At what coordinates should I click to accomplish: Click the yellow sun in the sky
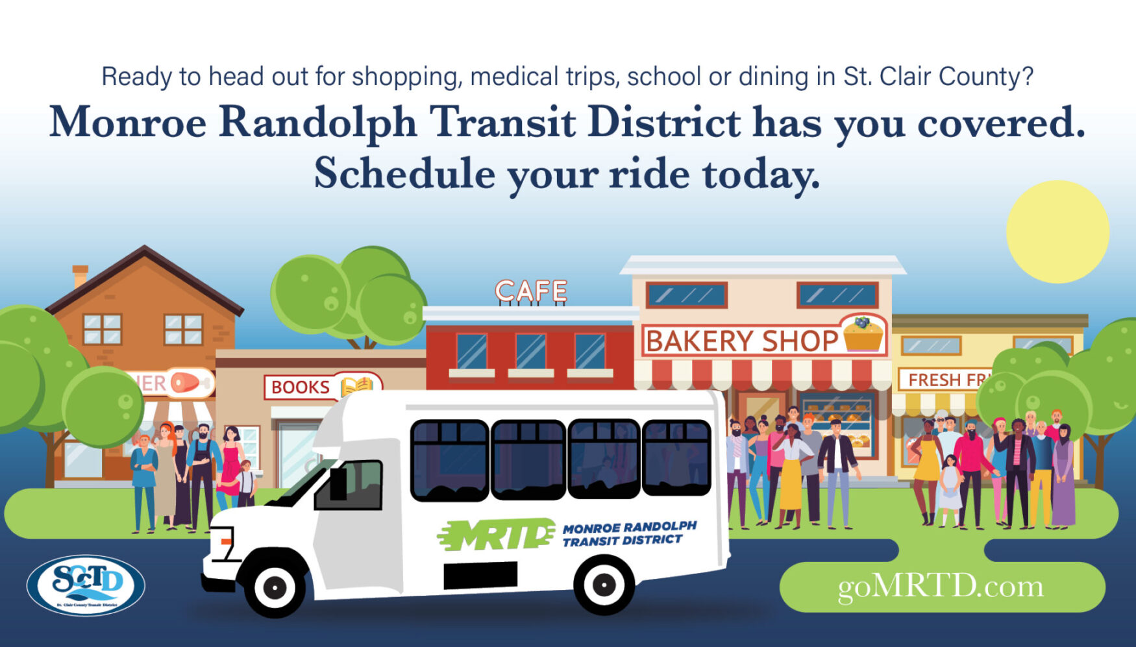(1057, 232)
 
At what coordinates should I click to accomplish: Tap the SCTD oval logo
(86, 585)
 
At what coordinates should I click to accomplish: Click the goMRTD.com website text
(941, 587)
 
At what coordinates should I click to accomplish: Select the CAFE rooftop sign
(531, 291)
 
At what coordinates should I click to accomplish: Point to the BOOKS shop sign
(301, 387)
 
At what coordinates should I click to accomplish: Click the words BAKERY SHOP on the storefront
(742, 341)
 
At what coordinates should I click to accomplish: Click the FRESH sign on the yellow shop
(934, 380)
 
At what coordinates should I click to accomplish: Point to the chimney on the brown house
(80, 275)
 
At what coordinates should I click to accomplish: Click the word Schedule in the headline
(404, 174)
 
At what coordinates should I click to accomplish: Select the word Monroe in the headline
(128, 122)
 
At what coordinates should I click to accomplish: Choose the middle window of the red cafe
(530, 352)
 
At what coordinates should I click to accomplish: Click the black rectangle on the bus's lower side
(480, 576)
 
